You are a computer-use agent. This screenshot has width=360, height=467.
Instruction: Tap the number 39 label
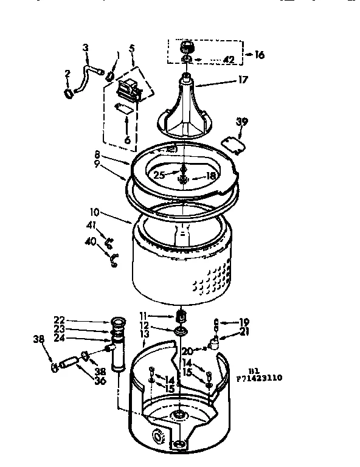[x=242, y=122]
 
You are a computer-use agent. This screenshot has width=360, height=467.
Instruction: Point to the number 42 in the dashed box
[x=228, y=60]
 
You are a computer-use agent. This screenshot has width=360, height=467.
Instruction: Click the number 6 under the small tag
[x=127, y=139]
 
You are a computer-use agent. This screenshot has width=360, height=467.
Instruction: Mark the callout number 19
[x=244, y=321]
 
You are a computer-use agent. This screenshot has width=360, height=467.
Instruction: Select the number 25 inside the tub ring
[x=159, y=175]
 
